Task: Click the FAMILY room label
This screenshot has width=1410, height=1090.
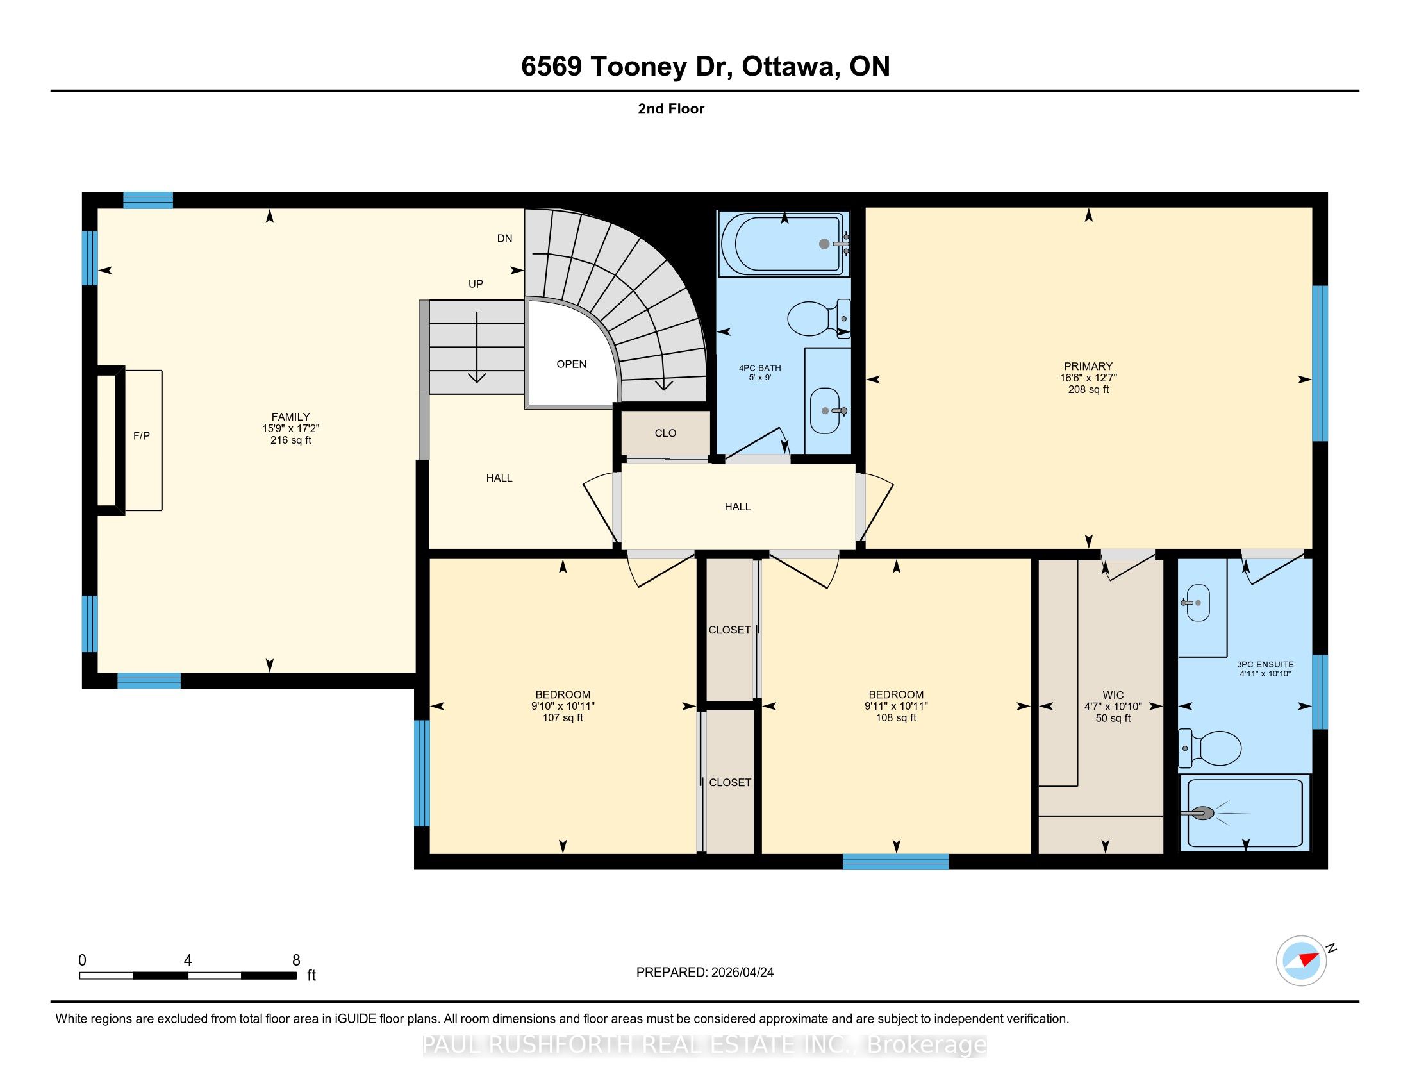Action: (290, 417)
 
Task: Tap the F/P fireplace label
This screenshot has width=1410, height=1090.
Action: (142, 436)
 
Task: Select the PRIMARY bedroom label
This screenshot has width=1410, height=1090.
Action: (1088, 366)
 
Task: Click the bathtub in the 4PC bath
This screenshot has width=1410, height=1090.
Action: (783, 244)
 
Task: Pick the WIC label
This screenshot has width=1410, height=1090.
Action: (1113, 695)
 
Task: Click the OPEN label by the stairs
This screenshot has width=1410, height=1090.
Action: (571, 364)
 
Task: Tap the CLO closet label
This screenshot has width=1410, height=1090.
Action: (666, 433)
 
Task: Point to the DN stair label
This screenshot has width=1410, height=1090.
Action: (505, 239)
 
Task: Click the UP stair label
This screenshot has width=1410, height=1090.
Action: (476, 284)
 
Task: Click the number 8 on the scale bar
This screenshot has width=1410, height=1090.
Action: (296, 960)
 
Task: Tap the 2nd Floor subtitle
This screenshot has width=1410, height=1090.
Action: (671, 108)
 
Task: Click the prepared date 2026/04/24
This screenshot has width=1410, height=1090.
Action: (742, 973)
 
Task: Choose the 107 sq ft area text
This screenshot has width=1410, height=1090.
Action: (563, 717)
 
